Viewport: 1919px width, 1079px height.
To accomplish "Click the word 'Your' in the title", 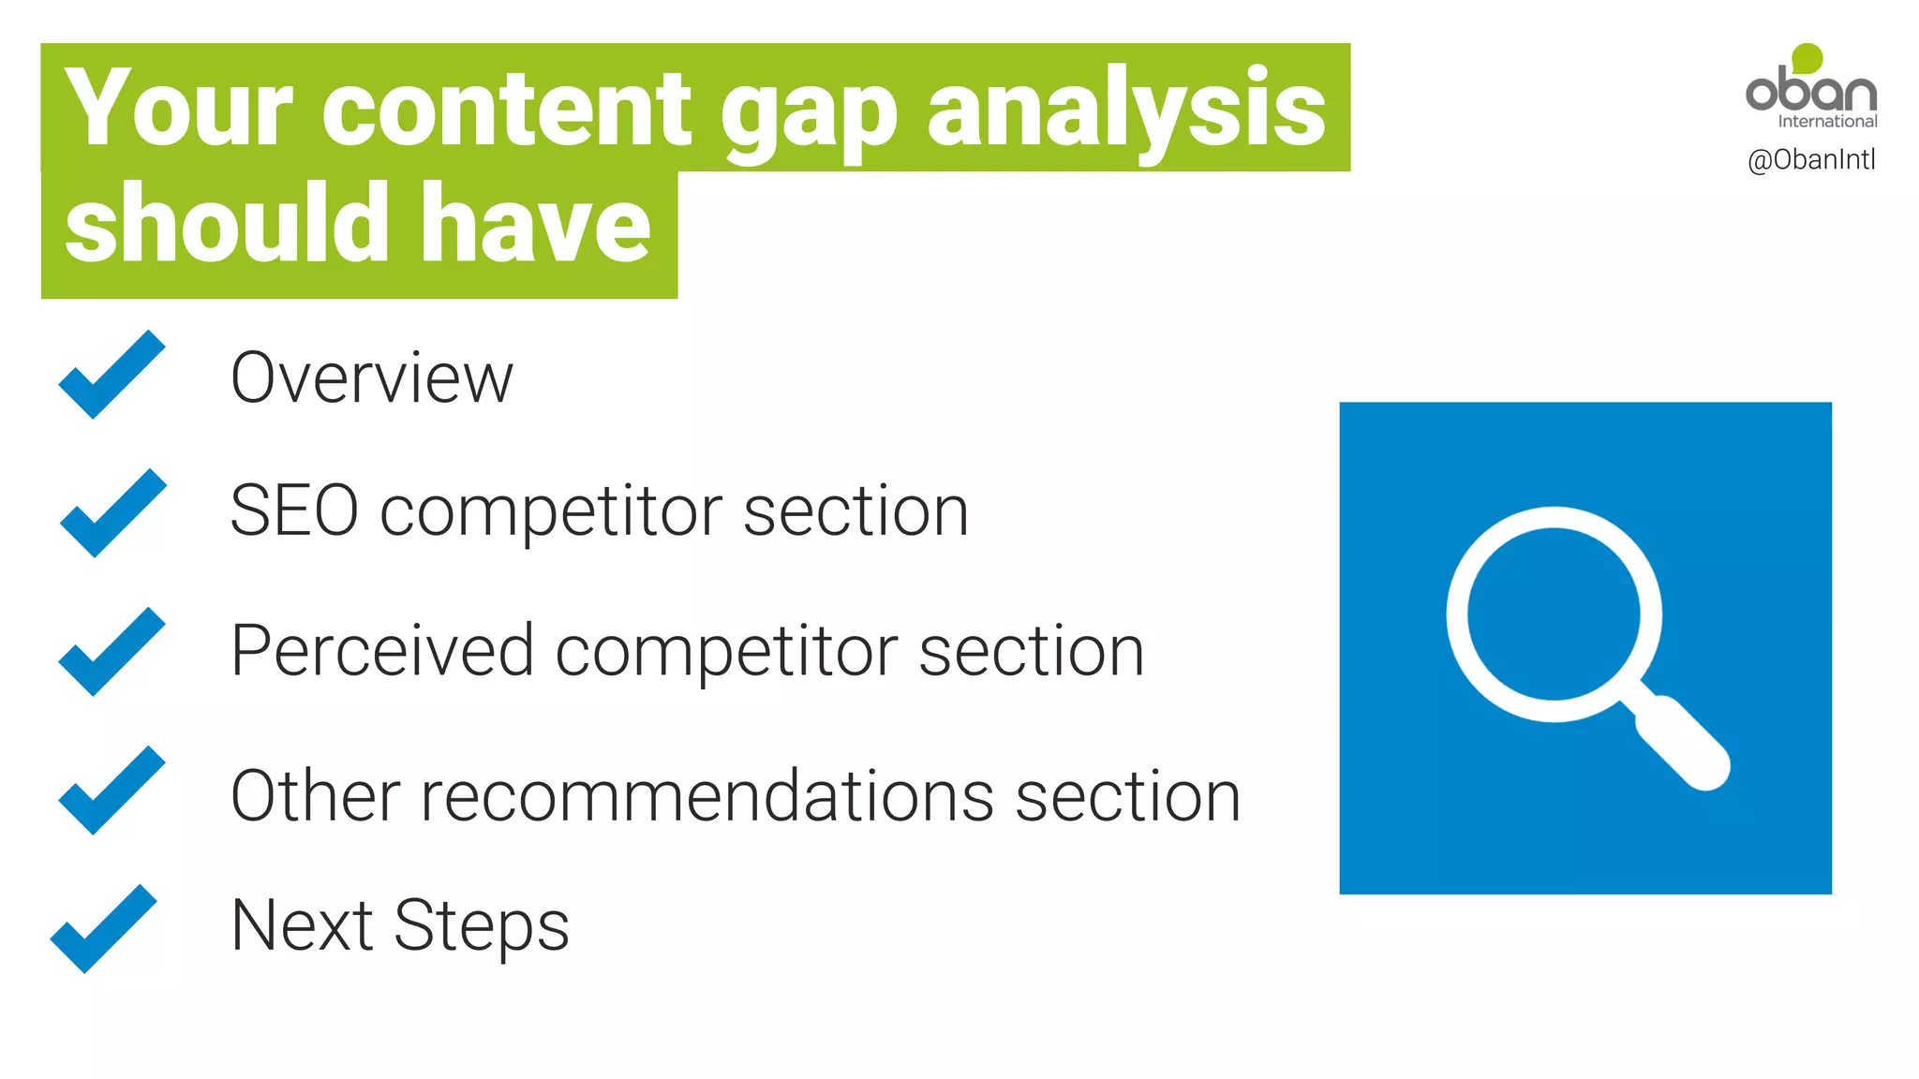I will coord(178,109).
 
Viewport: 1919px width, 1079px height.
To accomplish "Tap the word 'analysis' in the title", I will coord(1126,111).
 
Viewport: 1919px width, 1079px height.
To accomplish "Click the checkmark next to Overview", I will coord(111,375).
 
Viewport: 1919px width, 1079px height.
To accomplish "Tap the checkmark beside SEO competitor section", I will coord(112,513).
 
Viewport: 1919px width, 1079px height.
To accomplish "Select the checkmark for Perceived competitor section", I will coord(111,652).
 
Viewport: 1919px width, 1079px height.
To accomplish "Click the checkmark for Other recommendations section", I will coord(111,791).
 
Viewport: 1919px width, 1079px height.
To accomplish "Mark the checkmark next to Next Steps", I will coord(103,929).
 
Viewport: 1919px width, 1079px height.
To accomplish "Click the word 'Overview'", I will coord(371,378).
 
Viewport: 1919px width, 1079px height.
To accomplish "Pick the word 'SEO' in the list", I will coord(293,511).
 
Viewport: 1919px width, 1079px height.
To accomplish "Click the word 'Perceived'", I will coord(382,650).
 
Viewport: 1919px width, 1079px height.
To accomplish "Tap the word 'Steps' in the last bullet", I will coord(481,925).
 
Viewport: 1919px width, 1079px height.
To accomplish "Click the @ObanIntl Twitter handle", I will coord(1811,160).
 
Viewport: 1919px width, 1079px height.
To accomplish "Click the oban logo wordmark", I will coord(1810,91).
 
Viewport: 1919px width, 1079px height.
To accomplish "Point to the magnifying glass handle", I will coord(1681,744).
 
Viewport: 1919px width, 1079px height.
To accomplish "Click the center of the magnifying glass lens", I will coord(1554,613).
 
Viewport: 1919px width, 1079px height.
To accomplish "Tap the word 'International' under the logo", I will coord(1827,122).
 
